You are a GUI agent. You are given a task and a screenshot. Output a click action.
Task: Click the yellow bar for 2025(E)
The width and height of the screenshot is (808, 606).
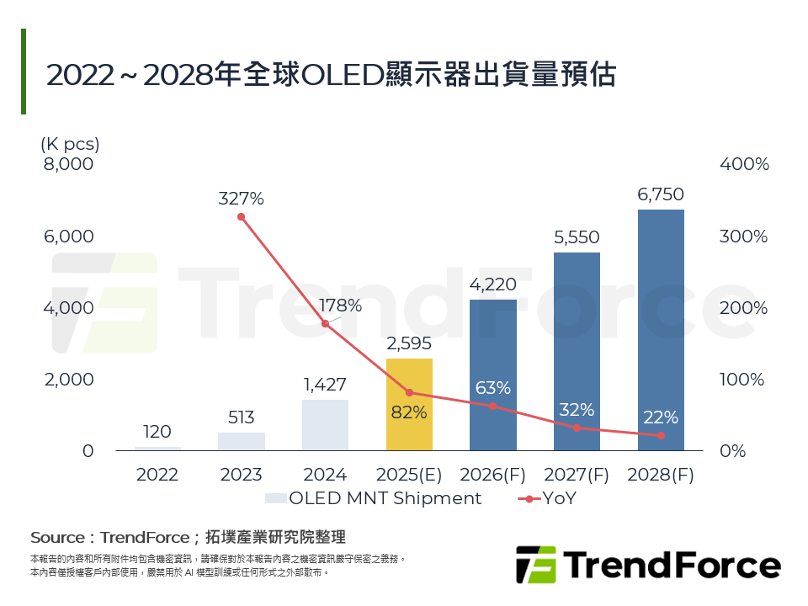pos(409,404)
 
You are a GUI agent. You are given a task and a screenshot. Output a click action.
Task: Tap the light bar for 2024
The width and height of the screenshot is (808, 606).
pos(325,425)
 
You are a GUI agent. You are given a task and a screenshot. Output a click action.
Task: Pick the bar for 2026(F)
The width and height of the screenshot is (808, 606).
pos(493,375)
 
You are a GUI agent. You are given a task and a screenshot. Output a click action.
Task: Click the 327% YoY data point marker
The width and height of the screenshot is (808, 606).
pos(241,217)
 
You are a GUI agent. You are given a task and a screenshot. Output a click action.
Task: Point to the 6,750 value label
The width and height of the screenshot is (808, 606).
pos(661,194)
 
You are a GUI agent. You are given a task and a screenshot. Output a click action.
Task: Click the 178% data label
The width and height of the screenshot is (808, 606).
pos(342,306)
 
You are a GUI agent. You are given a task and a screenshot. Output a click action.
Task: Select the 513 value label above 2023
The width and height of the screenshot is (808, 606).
pos(241,417)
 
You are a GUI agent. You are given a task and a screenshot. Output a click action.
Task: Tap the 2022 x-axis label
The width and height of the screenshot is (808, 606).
pos(157,475)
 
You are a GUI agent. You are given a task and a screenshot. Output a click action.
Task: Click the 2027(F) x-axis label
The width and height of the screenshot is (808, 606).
pos(577,475)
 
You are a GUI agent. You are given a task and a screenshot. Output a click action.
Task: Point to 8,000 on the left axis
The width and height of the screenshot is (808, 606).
pos(69,164)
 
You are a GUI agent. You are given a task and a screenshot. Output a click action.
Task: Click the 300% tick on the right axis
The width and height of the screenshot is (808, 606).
pos(744,237)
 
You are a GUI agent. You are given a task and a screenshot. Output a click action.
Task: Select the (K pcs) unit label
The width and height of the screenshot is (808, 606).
pos(70,144)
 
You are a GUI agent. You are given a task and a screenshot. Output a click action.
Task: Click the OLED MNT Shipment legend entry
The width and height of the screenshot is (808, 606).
pos(375,498)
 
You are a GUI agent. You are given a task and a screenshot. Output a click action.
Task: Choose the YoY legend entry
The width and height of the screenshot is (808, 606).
pos(547,498)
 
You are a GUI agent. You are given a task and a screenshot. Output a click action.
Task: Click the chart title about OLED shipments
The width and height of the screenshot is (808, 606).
pos(331,74)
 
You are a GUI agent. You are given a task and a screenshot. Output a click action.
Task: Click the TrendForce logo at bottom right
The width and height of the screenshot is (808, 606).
pos(647,564)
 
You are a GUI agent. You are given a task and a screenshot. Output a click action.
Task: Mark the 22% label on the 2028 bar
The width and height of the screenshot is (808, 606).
pos(661,417)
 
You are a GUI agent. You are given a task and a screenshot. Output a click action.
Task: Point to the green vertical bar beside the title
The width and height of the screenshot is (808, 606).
pos(24,72)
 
